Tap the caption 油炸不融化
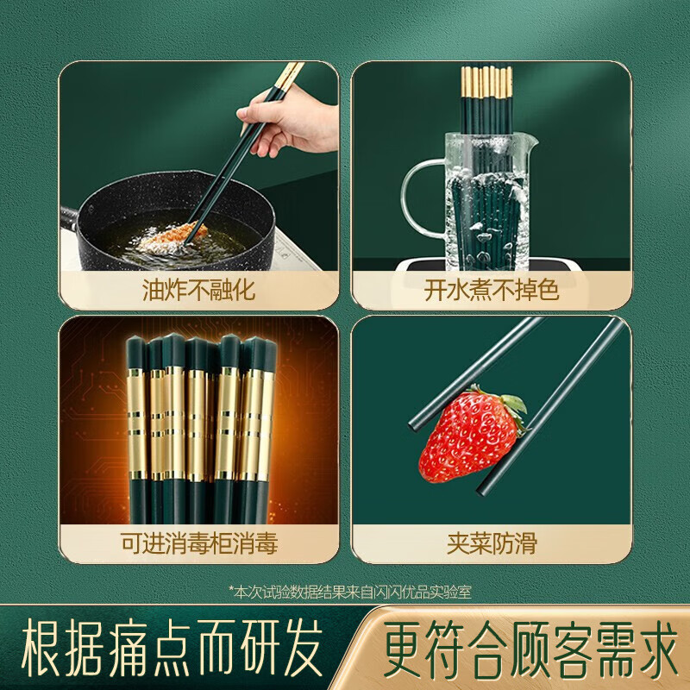coord(198,289)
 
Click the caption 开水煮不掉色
coord(492,289)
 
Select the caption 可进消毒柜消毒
coord(198,543)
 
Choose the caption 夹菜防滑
coord(492,543)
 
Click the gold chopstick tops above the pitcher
coord(487,82)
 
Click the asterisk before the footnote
coord(232,589)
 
